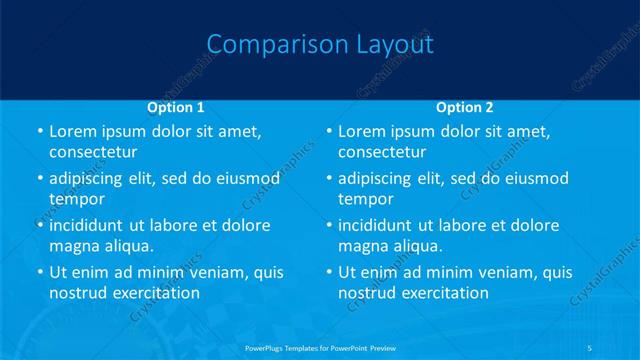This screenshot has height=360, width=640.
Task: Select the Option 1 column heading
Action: click(176, 106)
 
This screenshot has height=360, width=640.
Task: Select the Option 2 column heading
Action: click(465, 106)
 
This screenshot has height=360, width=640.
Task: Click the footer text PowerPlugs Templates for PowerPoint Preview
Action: click(320, 347)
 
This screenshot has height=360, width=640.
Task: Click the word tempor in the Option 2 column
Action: click(366, 199)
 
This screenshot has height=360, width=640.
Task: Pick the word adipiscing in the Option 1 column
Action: click(93, 179)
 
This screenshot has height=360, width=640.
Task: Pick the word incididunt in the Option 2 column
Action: click(382, 226)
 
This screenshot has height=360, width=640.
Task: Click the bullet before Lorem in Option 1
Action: click(39, 132)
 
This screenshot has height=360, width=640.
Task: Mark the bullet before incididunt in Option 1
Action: click(39, 226)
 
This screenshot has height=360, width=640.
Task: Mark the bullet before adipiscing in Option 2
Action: click(329, 179)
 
